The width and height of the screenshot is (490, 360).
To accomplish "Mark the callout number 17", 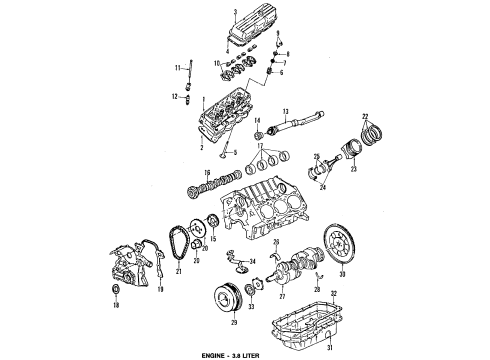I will click(263, 145).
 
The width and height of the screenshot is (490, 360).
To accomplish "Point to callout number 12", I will click(173, 97).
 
